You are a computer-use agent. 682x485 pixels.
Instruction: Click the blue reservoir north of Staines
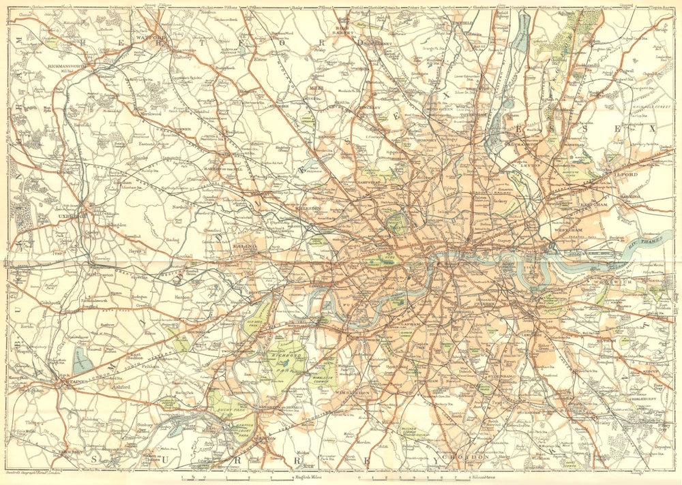point(82,360)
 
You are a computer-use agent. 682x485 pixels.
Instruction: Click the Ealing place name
point(243,244)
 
